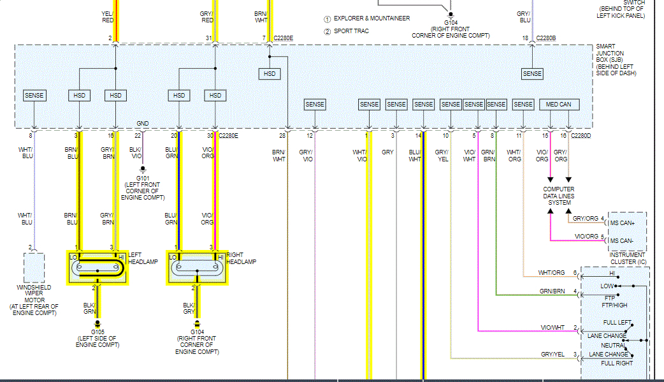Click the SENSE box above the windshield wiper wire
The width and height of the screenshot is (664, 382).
[34, 96]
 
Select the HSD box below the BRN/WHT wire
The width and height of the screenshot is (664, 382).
[270, 75]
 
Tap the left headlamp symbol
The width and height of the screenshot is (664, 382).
[97, 267]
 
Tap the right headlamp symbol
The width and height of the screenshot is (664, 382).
[197, 267]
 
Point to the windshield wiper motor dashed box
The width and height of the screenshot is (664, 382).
[34, 267]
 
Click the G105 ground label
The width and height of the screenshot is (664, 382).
[97, 332]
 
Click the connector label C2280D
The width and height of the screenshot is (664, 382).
[581, 136]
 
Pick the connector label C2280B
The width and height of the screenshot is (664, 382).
[546, 38]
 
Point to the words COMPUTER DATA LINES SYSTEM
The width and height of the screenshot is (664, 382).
[559, 196]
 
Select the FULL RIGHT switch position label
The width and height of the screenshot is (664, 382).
[617, 363]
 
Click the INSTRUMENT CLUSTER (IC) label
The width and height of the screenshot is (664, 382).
[628, 258]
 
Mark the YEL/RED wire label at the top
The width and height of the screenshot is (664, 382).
[107, 16]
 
